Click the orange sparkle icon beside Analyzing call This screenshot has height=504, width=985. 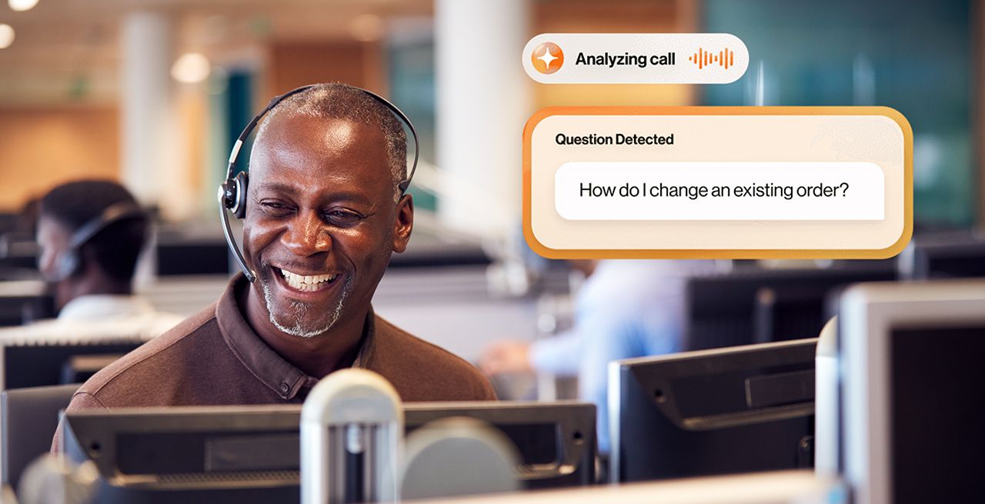[x=548, y=58]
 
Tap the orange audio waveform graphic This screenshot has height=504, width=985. [x=710, y=58]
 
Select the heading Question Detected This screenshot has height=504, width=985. [x=614, y=139]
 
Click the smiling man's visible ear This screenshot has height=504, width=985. [x=400, y=223]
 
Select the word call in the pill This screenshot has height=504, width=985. [x=661, y=59]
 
